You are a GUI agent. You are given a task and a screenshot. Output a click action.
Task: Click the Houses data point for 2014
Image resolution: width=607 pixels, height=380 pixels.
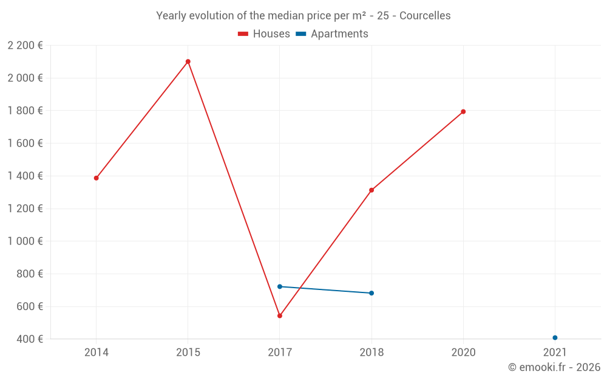96,178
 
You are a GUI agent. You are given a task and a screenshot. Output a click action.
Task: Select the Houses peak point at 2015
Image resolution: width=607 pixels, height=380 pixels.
188,61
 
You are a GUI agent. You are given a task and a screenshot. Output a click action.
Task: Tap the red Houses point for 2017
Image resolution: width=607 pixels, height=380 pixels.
280,316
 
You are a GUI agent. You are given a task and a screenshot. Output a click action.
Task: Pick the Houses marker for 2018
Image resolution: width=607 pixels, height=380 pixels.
371,190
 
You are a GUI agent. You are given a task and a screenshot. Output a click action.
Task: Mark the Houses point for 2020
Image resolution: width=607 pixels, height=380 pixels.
463,112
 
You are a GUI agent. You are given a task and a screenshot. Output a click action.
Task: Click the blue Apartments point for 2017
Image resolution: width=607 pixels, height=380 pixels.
280,286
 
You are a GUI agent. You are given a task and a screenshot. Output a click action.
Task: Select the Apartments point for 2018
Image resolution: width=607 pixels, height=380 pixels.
371,293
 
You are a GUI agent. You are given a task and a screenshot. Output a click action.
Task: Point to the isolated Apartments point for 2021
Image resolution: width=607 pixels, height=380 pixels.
555,337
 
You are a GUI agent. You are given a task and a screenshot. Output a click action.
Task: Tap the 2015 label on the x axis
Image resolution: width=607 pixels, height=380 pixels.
188,352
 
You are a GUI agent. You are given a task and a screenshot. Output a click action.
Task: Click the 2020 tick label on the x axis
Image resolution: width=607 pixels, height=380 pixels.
463,352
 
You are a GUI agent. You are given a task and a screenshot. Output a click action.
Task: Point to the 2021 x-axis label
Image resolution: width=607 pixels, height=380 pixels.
555,352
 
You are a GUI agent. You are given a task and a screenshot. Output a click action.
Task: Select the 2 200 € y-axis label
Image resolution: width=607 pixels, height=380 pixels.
25,45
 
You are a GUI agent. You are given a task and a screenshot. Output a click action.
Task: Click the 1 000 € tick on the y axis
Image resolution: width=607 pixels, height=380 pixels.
25,241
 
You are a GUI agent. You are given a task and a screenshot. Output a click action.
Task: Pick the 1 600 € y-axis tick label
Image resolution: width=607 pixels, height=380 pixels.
25,143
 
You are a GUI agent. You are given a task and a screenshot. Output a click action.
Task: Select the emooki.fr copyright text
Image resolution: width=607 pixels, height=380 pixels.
554,367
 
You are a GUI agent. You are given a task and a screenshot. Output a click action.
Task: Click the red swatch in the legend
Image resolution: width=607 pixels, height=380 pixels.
243,34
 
